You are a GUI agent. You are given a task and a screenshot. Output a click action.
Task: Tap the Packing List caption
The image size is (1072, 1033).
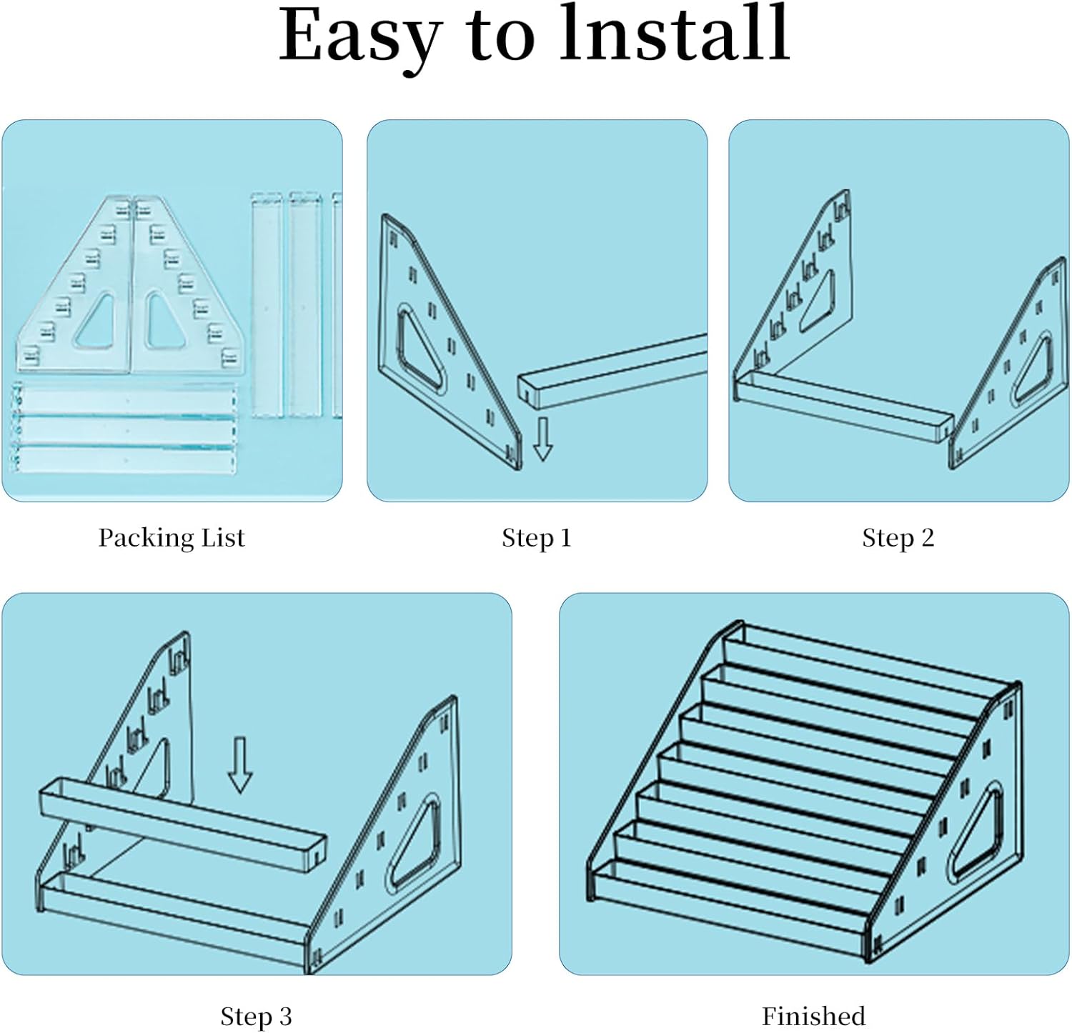[172, 538]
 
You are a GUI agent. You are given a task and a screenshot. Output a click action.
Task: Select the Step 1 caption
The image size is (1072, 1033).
[537, 538]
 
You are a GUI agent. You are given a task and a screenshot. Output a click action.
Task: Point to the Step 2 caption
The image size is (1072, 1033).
[898, 538]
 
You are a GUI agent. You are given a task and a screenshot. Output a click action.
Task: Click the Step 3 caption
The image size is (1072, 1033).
[256, 1016]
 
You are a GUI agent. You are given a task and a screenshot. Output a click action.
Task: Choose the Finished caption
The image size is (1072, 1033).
[813, 1016]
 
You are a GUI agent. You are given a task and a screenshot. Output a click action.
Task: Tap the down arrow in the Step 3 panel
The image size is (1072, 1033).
[239, 764]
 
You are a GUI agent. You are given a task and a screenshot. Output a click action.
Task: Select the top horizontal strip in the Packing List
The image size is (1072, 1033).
[123, 399]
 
